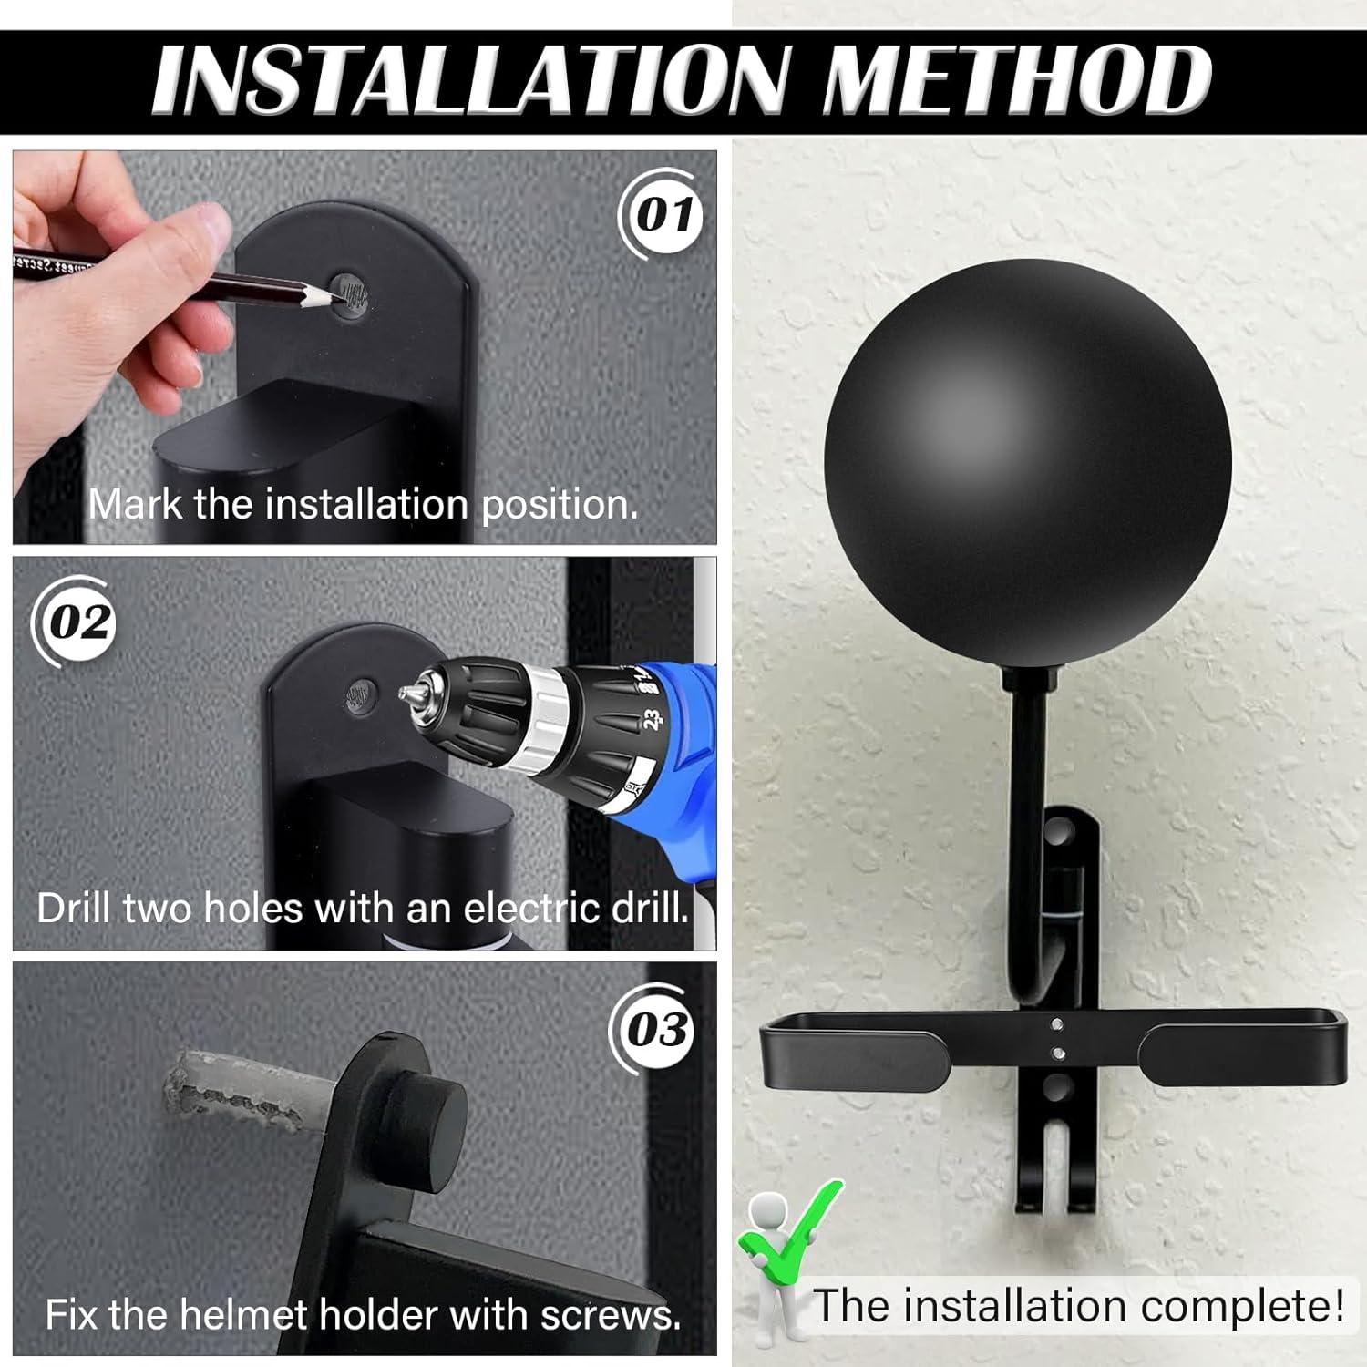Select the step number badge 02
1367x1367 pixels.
click(x=80, y=623)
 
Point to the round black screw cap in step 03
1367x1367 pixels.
click(x=428, y=1121)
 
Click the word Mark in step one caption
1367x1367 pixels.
click(x=137, y=504)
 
